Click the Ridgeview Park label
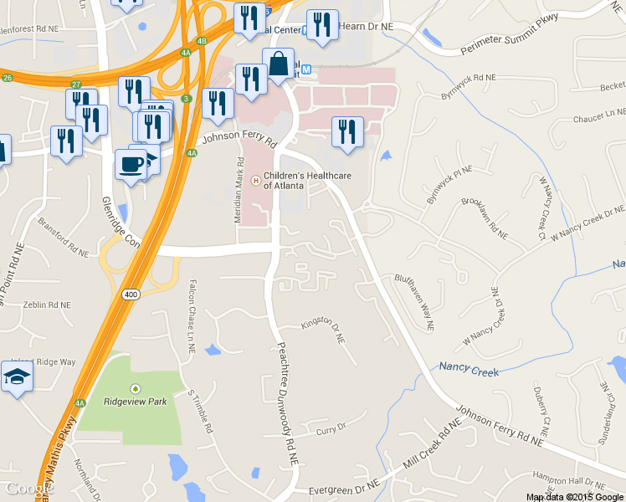[136, 402]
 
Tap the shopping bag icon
[278, 64]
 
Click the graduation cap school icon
[18, 378]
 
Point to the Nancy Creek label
[469, 371]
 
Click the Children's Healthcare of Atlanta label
[307, 180]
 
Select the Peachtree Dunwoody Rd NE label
[288, 403]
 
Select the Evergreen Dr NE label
[344, 486]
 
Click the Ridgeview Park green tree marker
[136, 388]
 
